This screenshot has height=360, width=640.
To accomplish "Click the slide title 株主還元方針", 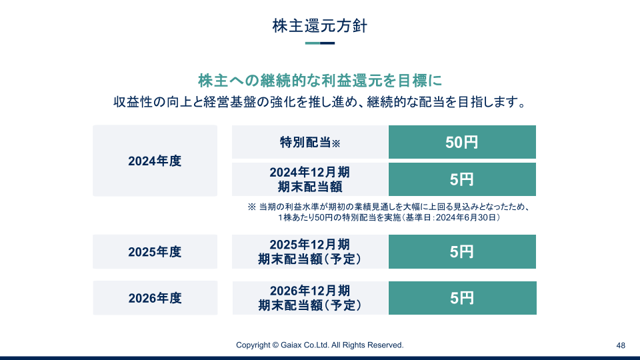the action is click(320, 26).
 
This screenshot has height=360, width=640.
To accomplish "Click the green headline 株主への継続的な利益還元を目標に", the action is click(320, 81).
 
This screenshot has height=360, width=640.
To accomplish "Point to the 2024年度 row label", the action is click(155, 161).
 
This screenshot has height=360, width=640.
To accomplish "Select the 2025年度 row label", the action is click(155, 252).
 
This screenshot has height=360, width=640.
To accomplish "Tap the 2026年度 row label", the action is click(155, 298).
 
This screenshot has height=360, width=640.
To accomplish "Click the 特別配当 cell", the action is click(310, 142).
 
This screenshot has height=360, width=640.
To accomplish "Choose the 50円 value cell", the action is click(462, 142).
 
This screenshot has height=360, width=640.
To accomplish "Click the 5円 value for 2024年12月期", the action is click(462, 179).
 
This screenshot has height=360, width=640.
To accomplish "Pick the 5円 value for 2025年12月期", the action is click(462, 252).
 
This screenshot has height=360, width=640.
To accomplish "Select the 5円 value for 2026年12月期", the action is click(463, 298).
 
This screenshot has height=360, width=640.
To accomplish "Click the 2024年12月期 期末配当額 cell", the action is click(310, 179).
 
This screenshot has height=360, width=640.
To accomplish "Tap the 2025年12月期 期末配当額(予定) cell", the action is click(310, 252).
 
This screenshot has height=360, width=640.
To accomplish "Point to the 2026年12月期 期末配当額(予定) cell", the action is click(310, 298).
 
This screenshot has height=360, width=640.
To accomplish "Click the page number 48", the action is click(621, 346).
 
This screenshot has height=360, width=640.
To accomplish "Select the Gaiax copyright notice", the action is click(319, 345).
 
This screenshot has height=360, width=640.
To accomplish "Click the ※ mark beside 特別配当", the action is click(336, 143).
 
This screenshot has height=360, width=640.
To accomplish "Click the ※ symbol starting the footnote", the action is click(252, 207).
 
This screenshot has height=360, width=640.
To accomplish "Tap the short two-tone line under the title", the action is click(320, 43).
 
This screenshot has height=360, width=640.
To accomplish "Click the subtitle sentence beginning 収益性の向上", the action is click(320, 102).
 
